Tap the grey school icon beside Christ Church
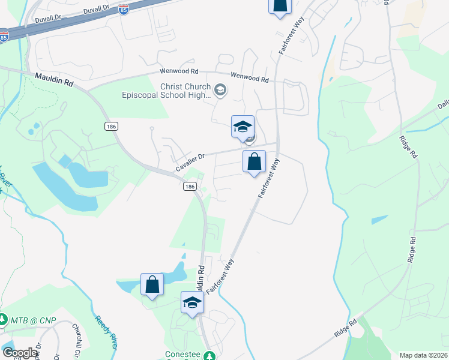tap(220, 91)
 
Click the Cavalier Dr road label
tap(190, 163)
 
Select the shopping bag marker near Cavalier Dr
tap(254, 161)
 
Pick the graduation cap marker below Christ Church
tap(243, 127)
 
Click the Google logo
tap(20, 353)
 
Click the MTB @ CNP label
tap(33, 320)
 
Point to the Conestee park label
tap(182, 355)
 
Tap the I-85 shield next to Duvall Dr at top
tap(123, 10)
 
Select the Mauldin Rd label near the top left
tap(54, 80)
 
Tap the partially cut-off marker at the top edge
tap(279, 5)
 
